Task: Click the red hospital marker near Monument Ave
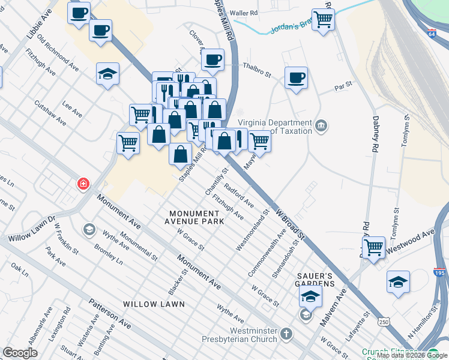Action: (83, 184)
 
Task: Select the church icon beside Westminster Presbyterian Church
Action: (287, 334)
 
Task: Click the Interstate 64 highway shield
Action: (433, 34)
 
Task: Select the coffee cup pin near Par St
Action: (296, 77)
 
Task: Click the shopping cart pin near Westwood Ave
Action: (374, 247)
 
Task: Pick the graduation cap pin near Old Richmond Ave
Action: (108, 74)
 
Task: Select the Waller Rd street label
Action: (244, 13)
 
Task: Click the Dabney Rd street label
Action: (376, 134)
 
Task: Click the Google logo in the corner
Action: (20, 353)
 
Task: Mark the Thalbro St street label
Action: (257, 68)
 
